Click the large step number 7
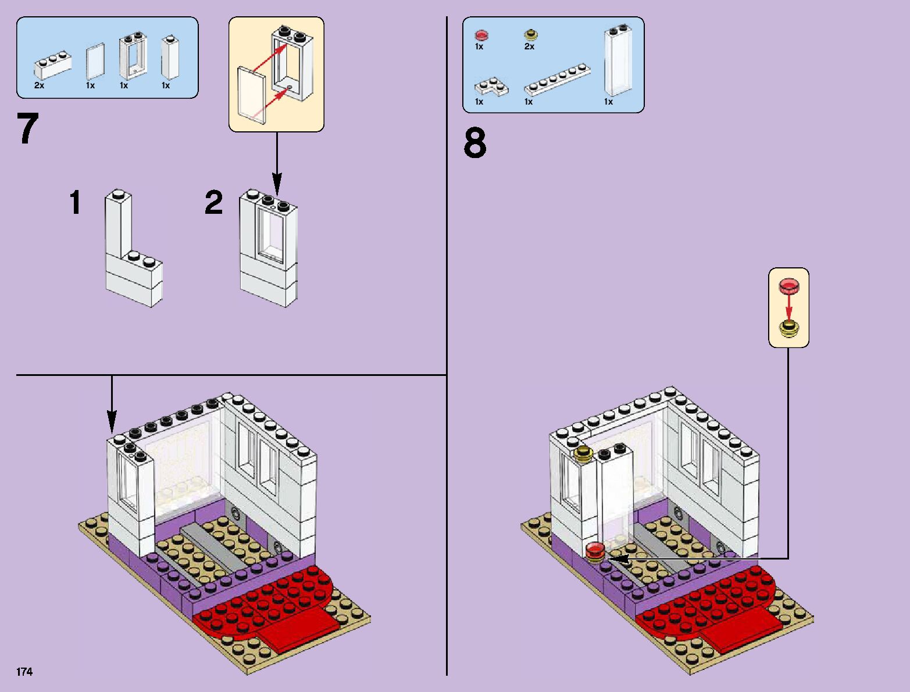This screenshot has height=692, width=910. tap(28, 130)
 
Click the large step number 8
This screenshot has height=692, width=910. tap(475, 144)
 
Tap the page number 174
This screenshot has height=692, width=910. tap(24, 672)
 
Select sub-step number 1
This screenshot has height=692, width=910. tap(75, 203)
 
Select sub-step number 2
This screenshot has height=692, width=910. tap(214, 203)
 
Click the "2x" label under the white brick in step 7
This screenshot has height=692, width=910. tap(39, 85)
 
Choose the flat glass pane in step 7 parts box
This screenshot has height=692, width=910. tap(95, 61)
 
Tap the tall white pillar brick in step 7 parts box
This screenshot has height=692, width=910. tap(170, 58)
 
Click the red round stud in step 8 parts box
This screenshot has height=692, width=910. tap(481, 35)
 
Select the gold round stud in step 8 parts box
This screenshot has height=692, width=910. tap(531, 35)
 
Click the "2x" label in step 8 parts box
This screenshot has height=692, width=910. tap(529, 46)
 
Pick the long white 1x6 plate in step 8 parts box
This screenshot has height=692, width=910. tap(557, 80)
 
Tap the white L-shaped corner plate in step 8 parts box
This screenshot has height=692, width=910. tap(491, 88)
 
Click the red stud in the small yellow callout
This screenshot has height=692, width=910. tap(789, 285)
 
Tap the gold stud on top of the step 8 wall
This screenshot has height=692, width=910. tap(583, 454)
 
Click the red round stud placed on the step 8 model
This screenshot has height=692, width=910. tap(595, 549)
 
